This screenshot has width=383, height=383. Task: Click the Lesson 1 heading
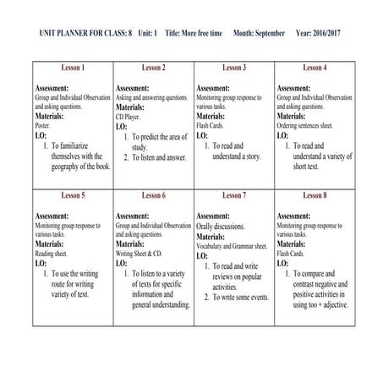[73, 67]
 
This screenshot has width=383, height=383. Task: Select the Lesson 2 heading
[153, 67]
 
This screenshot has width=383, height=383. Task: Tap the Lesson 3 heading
[233, 67]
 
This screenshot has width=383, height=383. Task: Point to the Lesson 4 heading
[314, 67]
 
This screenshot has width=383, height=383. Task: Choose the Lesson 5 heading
[73, 195]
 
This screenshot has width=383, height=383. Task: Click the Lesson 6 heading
[153, 195]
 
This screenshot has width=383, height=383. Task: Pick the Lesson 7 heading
[233, 195]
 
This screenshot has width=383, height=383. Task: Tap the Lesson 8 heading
[314, 195]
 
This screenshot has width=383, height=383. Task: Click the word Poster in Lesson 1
[44, 124]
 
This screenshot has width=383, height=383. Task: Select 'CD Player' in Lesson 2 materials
[129, 116]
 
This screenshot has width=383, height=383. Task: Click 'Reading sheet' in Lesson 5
[52, 253]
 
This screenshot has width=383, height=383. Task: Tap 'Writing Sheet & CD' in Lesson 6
[139, 253]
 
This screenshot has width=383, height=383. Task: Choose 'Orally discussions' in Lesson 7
[222, 227]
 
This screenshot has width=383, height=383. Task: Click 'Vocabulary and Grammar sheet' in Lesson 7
[232, 245]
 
